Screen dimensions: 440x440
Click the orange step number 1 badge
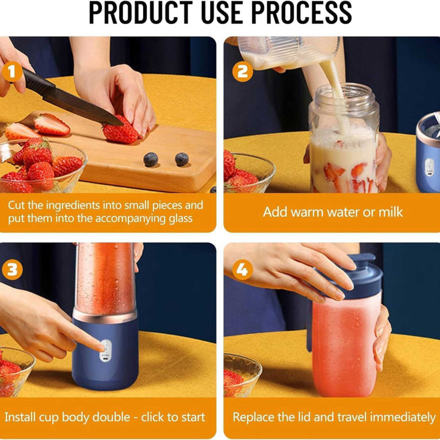pyautogui.click(x=12, y=72)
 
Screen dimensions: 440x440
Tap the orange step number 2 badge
pyautogui.click(x=243, y=72)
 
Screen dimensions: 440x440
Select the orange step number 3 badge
pyautogui.click(x=12, y=270)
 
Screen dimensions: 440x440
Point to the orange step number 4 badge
pyautogui.click(x=243, y=270)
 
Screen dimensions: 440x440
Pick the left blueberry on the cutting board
pyautogui.click(x=151, y=160)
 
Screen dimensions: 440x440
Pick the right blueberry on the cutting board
pyautogui.click(x=182, y=159)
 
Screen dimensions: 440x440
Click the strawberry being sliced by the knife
pyautogui.click(x=120, y=130)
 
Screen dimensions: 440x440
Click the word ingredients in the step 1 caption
pyautogui.click(x=73, y=206)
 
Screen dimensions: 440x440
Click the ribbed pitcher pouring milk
pyautogui.click(x=289, y=52)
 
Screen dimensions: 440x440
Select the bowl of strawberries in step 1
pyautogui.click(x=42, y=167)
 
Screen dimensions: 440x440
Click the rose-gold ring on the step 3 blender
pyautogui.click(x=104, y=317)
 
